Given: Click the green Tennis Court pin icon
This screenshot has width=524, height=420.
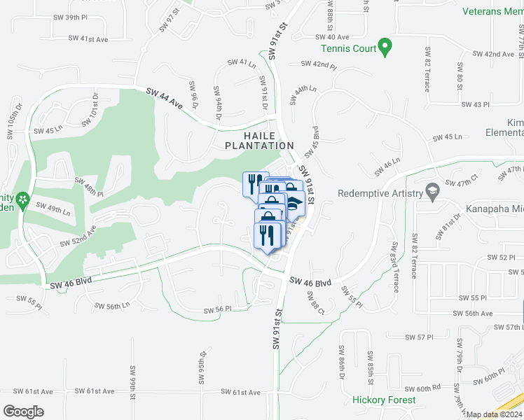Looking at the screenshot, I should pos(385,48).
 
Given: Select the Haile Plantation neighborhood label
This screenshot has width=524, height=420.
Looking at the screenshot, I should pos(259,139).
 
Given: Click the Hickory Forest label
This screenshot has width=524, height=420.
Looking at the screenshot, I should pos(384,400).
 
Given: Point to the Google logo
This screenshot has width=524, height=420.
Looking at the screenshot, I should pos(23,412).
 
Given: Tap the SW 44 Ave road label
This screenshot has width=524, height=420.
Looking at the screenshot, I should pos(165,99).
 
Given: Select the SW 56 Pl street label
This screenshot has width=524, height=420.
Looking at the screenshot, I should pos(217,310).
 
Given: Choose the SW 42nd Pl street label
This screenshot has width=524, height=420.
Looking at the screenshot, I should pos(319,64).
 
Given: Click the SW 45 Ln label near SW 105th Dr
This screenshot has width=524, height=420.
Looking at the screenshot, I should pos(48,130).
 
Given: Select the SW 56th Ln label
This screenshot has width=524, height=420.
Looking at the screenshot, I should pos(113,305).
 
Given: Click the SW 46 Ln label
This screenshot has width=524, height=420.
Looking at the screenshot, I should pos(387,165).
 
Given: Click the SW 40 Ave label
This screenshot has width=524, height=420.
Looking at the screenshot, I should pos(332,37).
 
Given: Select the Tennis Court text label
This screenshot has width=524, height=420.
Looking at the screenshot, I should pos(347,48).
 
